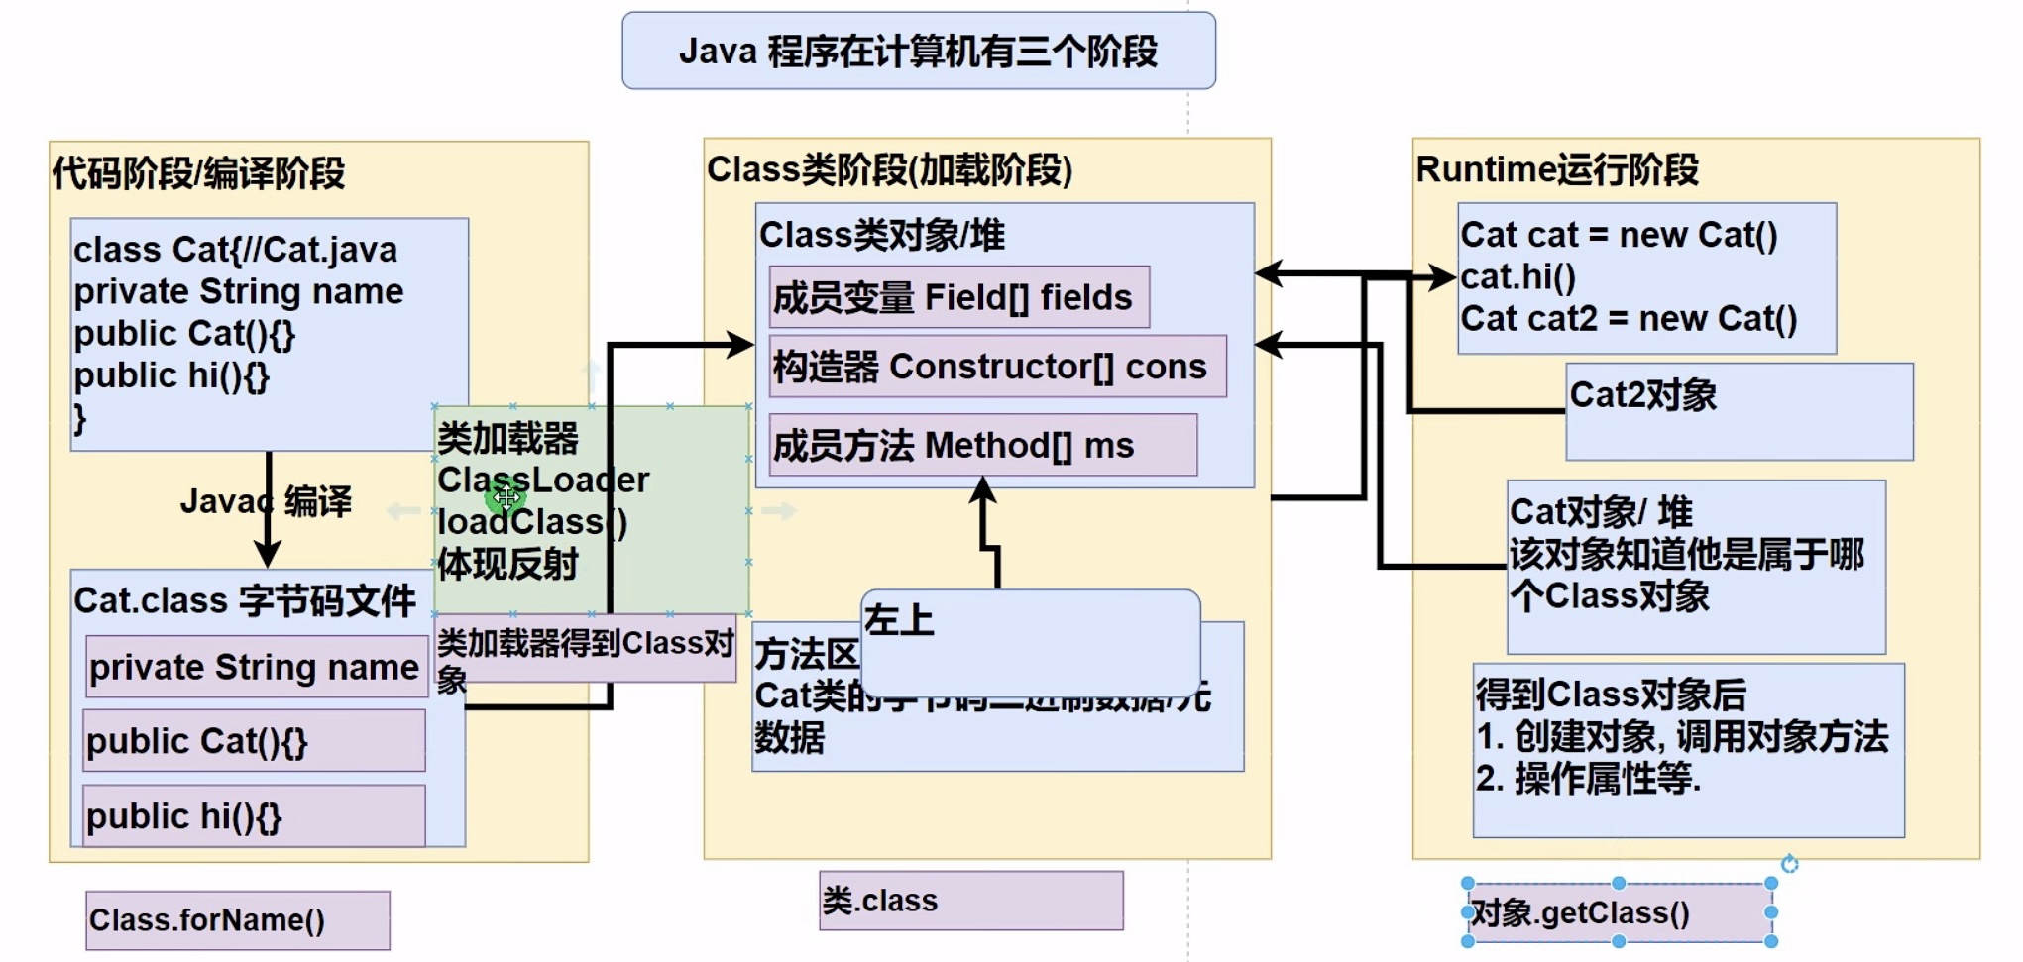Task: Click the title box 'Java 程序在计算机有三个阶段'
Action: coord(918,52)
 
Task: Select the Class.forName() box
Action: coord(237,920)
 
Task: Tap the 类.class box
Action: coord(970,901)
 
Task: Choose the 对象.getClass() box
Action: coord(1618,912)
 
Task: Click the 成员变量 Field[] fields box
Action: coord(958,297)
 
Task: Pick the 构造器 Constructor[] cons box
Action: coord(996,367)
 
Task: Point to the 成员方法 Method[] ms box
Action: coord(981,446)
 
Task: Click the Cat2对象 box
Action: coord(1739,411)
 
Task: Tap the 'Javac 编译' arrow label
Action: coord(266,501)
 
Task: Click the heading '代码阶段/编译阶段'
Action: coord(198,173)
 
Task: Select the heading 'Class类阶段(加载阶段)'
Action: coord(889,170)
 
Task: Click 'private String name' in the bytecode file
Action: coord(255,668)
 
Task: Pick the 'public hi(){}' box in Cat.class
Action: coord(254,816)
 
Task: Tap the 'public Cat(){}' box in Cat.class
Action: coord(254,741)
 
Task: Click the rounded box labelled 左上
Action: coord(1031,639)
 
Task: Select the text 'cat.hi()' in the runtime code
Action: coord(1517,277)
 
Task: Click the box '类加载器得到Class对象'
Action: coord(585,649)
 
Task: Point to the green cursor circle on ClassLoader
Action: coord(506,497)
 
